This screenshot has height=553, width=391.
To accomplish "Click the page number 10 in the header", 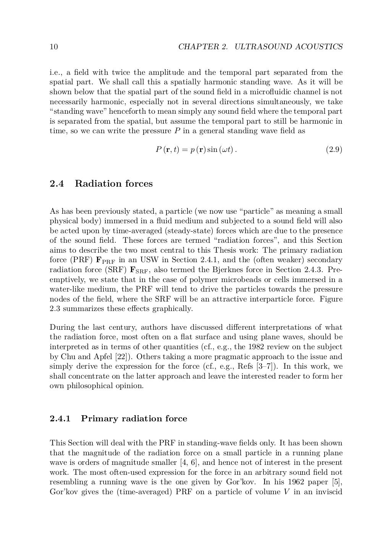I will [x=53, y=47].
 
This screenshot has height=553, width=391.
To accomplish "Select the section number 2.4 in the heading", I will [x=57, y=184].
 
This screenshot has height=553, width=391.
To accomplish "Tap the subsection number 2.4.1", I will [x=60, y=419].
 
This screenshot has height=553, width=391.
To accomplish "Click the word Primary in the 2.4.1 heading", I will [x=100, y=419].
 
